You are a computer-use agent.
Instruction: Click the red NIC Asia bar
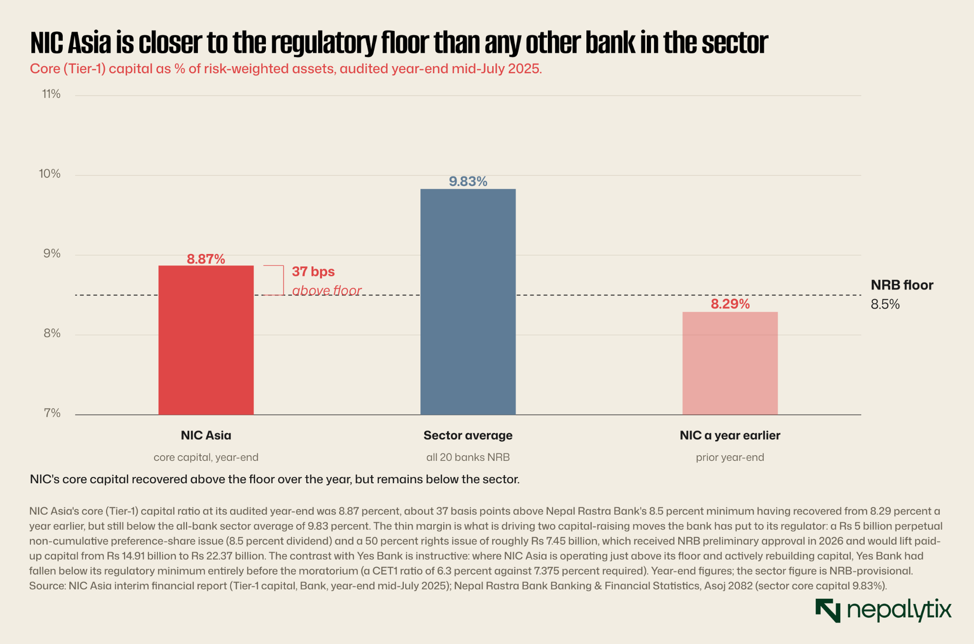[x=206, y=340]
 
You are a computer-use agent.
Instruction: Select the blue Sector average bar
[x=468, y=302]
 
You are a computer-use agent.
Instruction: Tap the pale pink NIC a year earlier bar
[x=730, y=363]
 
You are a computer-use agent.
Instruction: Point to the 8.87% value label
[x=206, y=259]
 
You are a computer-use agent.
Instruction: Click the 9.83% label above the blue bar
[x=468, y=182]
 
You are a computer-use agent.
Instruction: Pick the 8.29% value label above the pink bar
[x=730, y=304]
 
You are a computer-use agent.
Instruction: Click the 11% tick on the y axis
[x=51, y=94]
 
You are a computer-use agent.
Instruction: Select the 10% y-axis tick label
[x=50, y=174]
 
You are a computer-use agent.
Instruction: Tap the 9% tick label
[x=52, y=254]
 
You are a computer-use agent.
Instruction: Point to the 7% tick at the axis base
[x=52, y=414]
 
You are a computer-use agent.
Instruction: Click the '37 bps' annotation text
[x=313, y=272]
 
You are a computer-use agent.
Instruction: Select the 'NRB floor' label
[x=902, y=285]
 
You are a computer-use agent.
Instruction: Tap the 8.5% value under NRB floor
[x=885, y=304]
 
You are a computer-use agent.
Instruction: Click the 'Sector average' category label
[x=468, y=435]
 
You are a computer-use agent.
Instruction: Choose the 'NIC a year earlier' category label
[x=730, y=435]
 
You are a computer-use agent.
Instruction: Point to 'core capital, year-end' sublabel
[x=206, y=457]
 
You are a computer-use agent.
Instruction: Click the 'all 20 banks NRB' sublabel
[x=468, y=457]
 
